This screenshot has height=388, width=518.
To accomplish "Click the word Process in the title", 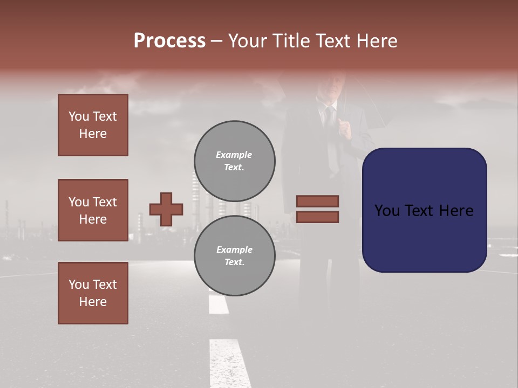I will point(169,41).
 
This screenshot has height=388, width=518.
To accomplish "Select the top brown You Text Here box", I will point(93,125).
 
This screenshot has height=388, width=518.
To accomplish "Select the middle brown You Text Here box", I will point(93,210).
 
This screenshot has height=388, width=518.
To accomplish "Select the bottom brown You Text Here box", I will point(93,293).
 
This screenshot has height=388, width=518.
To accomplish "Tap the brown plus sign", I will point(166,209).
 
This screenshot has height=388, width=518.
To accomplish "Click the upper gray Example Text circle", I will point(234,161).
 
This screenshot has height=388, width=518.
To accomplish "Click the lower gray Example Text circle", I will point(234,256).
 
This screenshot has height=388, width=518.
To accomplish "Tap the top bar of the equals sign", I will point(317,202).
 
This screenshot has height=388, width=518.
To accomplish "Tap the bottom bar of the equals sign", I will point(317,217).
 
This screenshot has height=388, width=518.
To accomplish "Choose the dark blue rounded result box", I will point(424,210).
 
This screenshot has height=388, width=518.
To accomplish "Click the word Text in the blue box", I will point(425,210).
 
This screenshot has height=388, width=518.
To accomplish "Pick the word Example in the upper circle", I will point(234,155).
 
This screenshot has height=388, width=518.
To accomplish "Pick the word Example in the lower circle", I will point(234,250).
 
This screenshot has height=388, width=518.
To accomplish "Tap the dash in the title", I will point(216,41).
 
